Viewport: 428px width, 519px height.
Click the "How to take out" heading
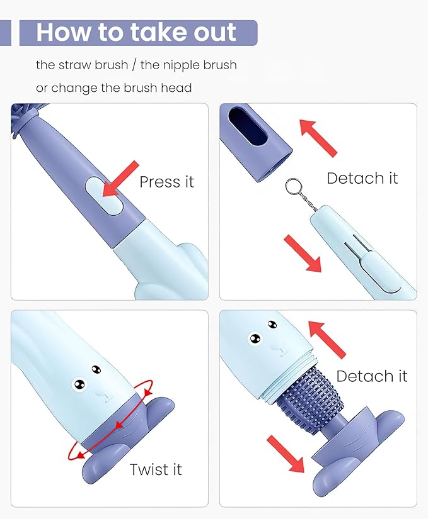136,33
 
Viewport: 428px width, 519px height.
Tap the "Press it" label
166,182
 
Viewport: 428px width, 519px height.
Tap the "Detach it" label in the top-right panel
362,178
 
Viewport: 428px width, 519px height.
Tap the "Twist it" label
156,469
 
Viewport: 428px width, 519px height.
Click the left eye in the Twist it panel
80,382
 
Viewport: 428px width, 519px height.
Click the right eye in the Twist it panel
95,369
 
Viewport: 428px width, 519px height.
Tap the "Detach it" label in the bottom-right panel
371,376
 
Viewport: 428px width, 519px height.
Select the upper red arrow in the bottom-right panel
327,338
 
